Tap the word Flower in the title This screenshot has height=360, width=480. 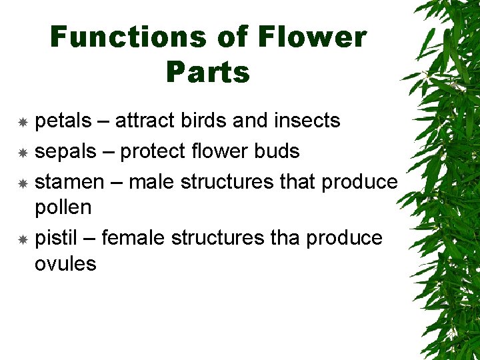(x=313, y=37)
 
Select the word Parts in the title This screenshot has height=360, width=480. (x=208, y=72)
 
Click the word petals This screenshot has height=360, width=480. (x=63, y=121)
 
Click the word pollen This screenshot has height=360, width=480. (x=63, y=207)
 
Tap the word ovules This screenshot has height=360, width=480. (x=65, y=263)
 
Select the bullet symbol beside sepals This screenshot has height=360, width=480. (x=22, y=153)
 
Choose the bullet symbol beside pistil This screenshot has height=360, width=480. (x=22, y=239)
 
